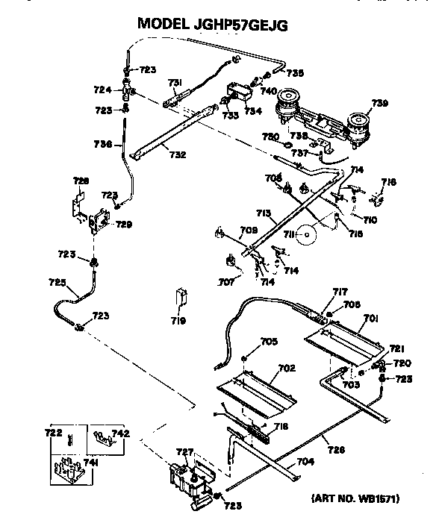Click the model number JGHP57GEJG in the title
coord(243,24)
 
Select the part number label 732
coord(178,155)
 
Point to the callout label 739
coord(380,103)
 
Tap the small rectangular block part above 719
coord(180,296)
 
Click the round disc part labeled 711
coord(306,237)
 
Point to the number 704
coord(305,462)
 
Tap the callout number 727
coord(184,451)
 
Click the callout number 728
coord(81,181)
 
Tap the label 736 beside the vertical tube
coord(102,143)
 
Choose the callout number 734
coord(252,111)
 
